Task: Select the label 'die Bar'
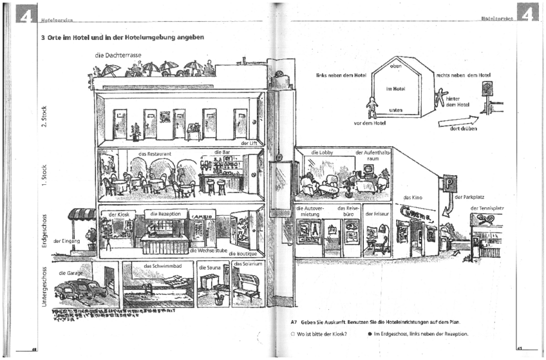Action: coord(221,153)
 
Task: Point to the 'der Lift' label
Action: coord(249,143)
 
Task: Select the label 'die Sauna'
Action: coord(210,267)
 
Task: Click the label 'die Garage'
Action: coord(71,273)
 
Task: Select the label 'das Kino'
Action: coord(411,198)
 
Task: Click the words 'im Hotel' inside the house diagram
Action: coord(395,89)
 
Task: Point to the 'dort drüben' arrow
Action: coord(459,122)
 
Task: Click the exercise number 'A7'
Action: coord(294,321)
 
